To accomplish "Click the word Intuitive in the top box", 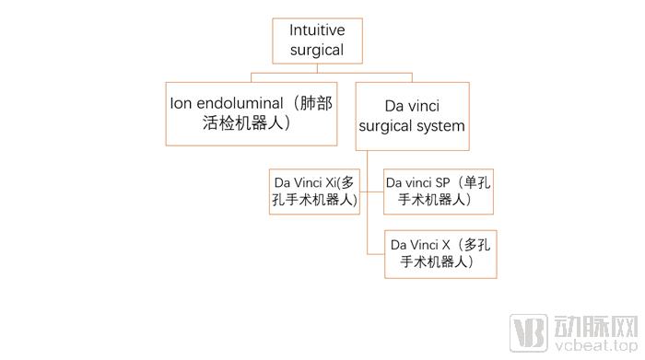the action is coord(317,30).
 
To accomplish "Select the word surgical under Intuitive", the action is coord(317,50).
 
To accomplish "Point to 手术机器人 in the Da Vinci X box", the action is coord(432,262).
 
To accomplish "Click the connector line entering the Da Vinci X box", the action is coord(376,254).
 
